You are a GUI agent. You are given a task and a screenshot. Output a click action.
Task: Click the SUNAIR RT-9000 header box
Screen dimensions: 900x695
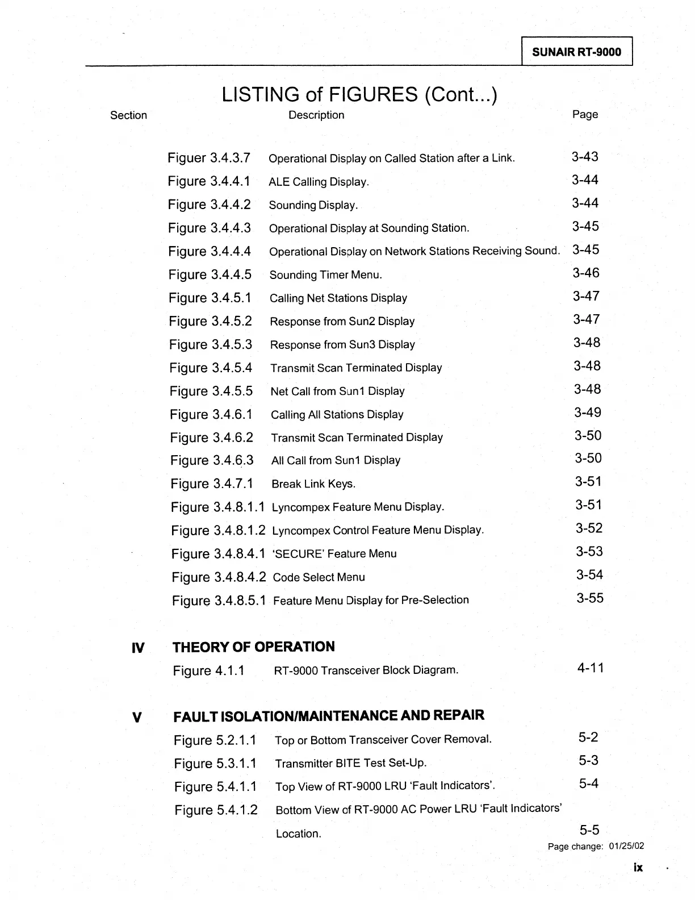click(x=576, y=52)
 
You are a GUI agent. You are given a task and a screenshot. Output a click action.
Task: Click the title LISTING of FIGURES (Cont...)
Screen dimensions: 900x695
click(x=359, y=94)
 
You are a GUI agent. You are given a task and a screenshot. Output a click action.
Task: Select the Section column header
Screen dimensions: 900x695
click(x=128, y=115)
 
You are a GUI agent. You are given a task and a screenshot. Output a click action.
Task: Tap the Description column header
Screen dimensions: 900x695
click(x=316, y=115)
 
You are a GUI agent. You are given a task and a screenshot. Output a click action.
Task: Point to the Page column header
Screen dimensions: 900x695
click(x=585, y=115)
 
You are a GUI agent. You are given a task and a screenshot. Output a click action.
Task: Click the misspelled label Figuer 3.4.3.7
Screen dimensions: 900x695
click(x=209, y=158)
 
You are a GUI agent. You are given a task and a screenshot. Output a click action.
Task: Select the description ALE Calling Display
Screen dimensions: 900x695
click(x=319, y=182)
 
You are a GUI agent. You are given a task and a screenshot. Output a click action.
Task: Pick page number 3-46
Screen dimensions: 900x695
click(x=586, y=273)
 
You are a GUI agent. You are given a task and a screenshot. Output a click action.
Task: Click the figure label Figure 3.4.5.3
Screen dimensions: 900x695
click(x=211, y=345)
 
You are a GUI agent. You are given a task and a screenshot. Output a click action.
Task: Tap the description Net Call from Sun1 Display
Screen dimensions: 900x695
click(x=337, y=391)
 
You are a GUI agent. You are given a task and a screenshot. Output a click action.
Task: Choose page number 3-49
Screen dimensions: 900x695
click(x=588, y=413)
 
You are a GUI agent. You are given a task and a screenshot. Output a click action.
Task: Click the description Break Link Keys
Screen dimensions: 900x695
click(x=313, y=484)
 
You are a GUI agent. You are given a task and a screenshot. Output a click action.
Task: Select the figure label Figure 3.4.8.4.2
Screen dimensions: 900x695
click(x=219, y=577)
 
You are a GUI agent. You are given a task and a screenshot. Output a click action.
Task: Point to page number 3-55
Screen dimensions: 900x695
click(x=590, y=598)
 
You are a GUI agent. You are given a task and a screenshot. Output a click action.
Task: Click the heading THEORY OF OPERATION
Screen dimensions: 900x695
click(x=253, y=647)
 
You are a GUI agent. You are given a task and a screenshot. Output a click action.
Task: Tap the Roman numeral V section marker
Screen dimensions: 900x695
click(x=136, y=716)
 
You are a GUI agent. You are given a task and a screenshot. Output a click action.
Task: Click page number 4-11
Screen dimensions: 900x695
click(x=591, y=668)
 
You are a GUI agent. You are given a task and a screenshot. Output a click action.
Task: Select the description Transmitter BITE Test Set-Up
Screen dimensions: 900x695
click(x=350, y=763)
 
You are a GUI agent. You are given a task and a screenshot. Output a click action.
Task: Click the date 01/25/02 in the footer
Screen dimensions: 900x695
click(x=626, y=847)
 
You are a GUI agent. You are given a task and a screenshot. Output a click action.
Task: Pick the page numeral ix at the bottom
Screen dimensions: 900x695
click(x=638, y=868)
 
